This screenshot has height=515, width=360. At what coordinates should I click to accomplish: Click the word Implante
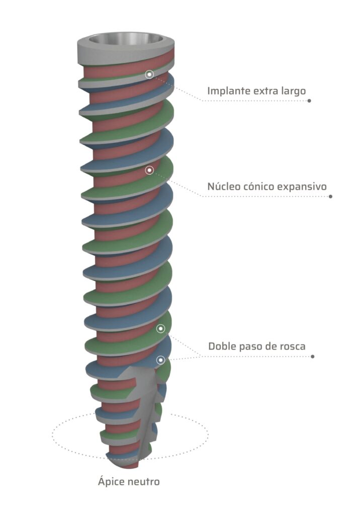(x=229, y=91)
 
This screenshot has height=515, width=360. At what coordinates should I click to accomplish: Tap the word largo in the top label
(x=293, y=91)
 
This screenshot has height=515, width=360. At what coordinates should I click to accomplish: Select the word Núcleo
(x=224, y=187)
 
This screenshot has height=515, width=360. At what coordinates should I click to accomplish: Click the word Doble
(x=222, y=347)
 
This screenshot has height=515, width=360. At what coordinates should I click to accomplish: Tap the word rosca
(x=292, y=347)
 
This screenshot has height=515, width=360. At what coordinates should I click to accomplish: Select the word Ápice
(x=110, y=482)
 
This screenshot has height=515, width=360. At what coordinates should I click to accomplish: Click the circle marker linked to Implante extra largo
(x=149, y=74)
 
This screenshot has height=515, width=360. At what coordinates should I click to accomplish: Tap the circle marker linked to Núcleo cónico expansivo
(x=149, y=170)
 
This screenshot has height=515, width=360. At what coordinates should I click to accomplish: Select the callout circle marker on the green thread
(x=161, y=329)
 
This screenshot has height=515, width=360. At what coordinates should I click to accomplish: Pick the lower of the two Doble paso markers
(x=161, y=360)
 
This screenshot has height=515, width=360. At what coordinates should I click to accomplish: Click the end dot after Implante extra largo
(x=309, y=101)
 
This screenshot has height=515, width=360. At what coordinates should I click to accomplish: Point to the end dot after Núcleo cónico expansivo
(x=330, y=196)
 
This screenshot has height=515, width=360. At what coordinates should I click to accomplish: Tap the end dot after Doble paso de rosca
(x=313, y=357)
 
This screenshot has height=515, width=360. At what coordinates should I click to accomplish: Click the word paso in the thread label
(x=254, y=347)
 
